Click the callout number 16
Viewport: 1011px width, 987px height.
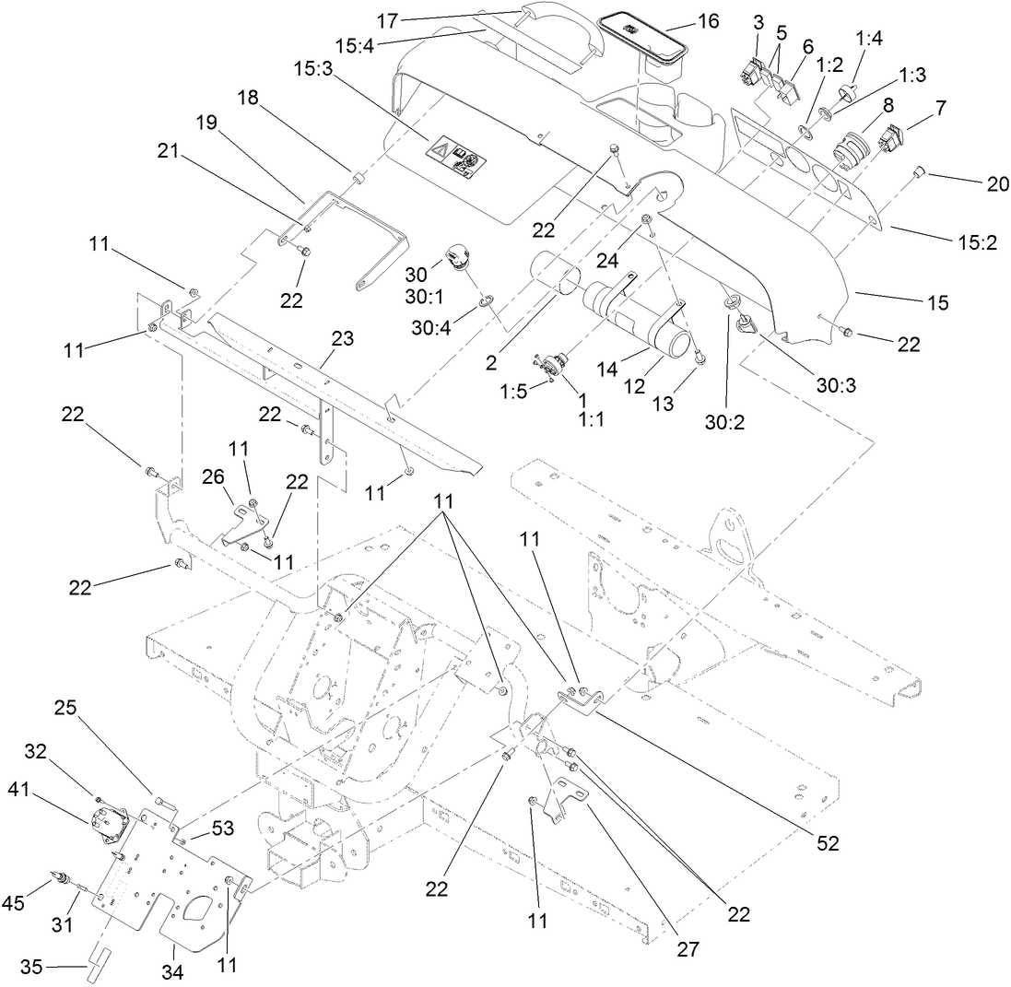[708, 21]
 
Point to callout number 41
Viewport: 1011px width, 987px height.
[21, 789]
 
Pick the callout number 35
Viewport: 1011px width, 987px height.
[31, 967]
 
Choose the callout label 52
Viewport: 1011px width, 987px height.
[828, 842]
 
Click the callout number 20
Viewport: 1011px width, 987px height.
[997, 183]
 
